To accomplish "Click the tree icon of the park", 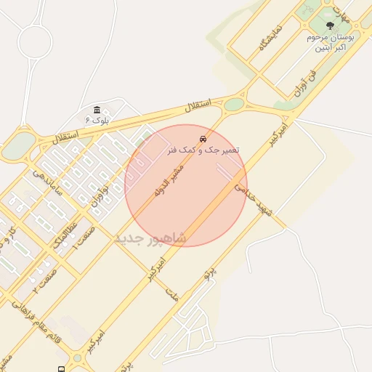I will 331,26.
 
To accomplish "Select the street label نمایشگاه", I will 268,36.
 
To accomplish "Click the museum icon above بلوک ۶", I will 97,108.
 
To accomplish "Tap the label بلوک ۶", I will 97,119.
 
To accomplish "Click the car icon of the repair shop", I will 203,138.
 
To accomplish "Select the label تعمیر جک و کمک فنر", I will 203,150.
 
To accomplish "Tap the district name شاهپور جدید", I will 151,238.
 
